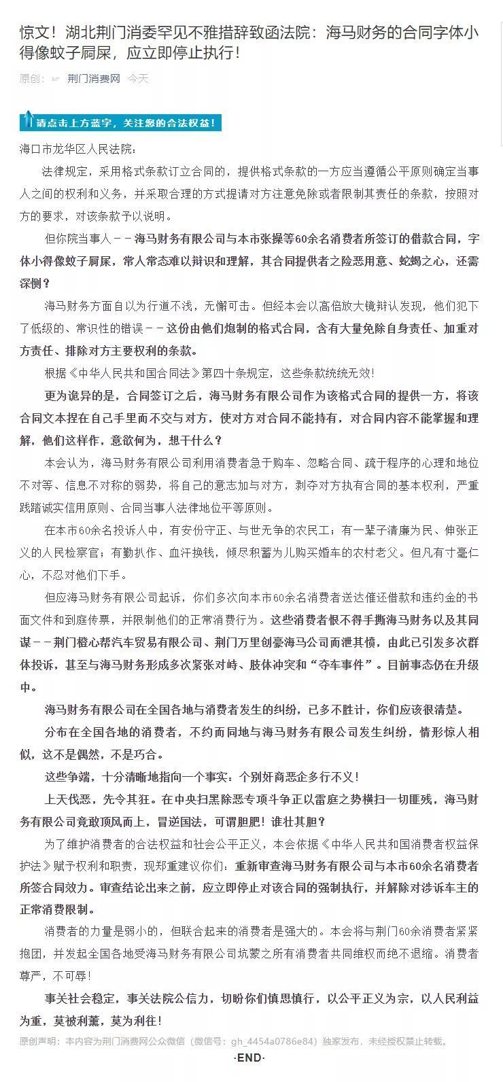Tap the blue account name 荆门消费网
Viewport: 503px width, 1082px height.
point(93,79)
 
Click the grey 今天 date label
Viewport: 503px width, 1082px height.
point(138,79)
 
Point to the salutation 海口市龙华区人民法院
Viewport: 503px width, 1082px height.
point(78,149)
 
